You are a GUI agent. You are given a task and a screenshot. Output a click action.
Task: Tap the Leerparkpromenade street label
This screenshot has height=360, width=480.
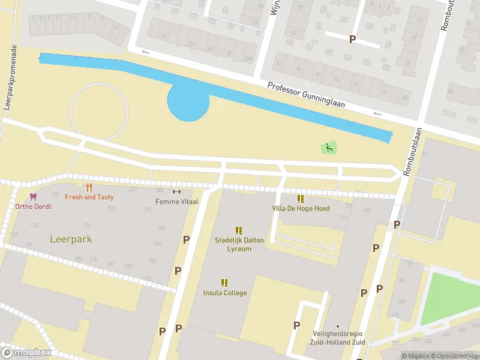(8, 77)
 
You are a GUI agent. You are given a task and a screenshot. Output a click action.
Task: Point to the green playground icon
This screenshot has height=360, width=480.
(328, 147)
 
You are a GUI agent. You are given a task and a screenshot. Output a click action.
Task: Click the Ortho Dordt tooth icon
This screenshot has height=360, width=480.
(33, 197)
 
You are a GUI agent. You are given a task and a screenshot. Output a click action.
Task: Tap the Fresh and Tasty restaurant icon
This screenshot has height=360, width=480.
(89, 187)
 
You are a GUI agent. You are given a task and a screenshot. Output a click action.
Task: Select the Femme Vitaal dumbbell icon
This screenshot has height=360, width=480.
(176, 192)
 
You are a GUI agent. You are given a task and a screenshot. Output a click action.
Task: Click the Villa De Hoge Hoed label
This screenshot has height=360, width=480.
(301, 208)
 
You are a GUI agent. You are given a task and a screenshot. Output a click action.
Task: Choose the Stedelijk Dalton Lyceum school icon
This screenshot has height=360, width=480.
(239, 230)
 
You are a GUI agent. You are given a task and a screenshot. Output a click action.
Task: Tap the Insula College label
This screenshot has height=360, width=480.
(225, 293)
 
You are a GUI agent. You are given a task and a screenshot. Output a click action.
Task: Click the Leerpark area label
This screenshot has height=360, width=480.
(71, 239)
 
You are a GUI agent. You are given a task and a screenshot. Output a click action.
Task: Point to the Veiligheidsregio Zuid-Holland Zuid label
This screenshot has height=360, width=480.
(338, 338)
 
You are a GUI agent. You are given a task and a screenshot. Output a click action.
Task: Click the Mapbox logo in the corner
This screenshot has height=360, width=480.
(26, 352)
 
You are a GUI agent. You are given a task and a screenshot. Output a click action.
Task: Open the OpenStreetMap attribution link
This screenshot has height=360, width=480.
(454, 356)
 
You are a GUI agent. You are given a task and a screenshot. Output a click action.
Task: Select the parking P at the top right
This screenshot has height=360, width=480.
(352, 39)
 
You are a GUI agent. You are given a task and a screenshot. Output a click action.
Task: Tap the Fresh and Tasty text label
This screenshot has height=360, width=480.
(89, 197)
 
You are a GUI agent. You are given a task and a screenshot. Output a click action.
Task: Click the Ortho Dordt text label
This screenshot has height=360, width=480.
(34, 206)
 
